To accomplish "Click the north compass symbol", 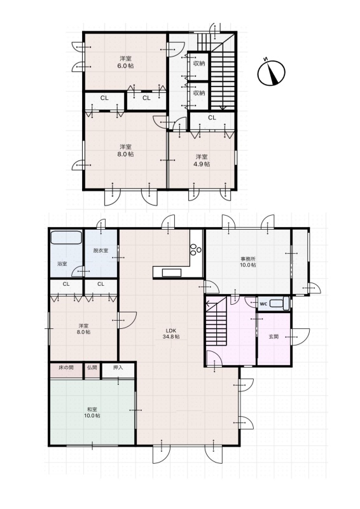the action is pos(271,73).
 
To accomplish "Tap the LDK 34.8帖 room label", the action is pos(171,333).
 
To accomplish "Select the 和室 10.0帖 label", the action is pos(92,412).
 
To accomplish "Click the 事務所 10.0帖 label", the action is pos(248,262).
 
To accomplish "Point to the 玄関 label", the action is pos(273,337).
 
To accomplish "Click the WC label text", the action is pos(263,304).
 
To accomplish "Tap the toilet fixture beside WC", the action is pos(279,303).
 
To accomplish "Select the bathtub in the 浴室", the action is pos(66,237).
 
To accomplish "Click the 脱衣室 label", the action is pos(100,251).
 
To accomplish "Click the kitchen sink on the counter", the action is pos(171,273).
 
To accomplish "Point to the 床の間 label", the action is pos(66,368).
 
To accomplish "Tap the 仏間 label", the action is pos(92,368).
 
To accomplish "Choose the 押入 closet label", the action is pos(118,368).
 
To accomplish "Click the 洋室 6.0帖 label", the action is pos(126,62).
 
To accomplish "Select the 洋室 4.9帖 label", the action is pos(202,160).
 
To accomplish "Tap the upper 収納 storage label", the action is pos(199,63).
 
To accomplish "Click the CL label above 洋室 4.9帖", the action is pos(212,118).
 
